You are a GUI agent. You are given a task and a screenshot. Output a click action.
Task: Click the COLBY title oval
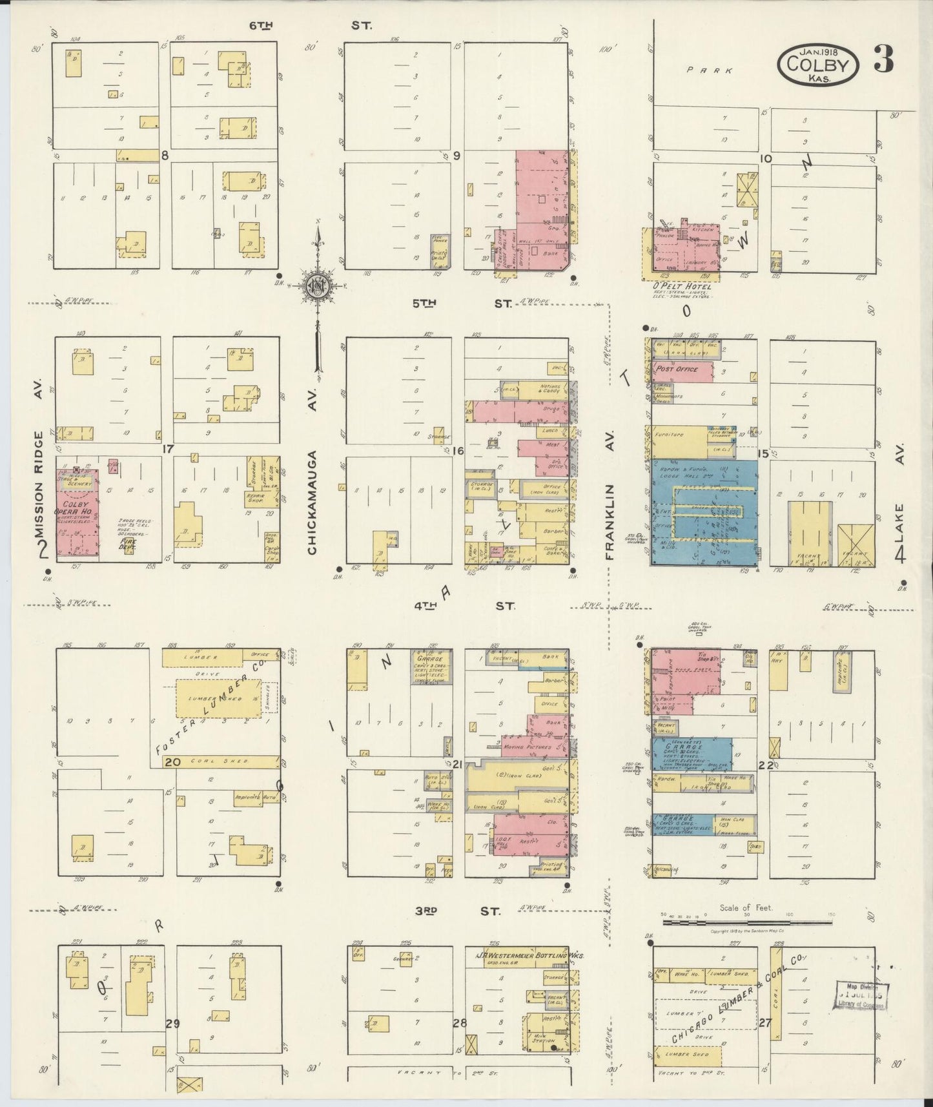click(818, 65)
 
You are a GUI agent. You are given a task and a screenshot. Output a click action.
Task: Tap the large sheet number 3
click(883, 59)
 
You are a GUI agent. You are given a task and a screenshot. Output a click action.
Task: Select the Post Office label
click(677, 369)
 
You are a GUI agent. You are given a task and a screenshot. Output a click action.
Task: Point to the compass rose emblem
click(318, 285)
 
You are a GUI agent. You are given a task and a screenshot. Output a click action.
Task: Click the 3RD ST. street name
click(456, 912)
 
